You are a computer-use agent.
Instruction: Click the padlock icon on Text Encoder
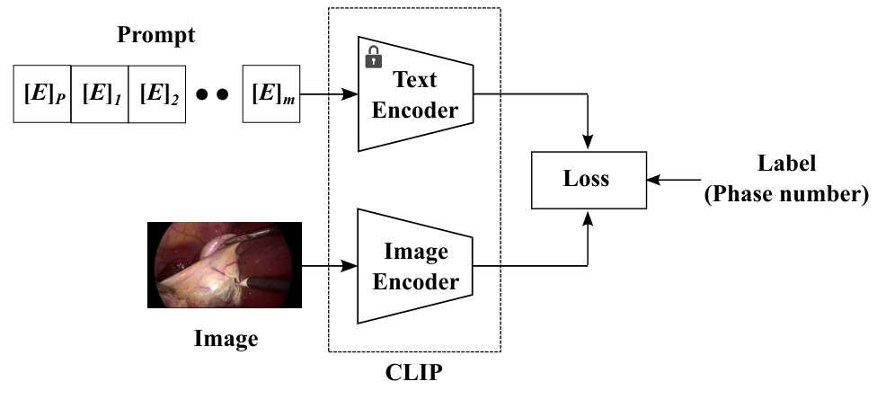[x=374, y=58]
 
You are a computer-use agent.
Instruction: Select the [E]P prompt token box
[x=42, y=93]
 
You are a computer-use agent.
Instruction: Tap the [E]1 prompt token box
[x=100, y=93]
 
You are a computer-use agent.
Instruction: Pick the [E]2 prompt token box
[x=157, y=93]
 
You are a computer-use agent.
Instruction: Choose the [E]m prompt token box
[x=271, y=93]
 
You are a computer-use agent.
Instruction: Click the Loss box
[x=589, y=181]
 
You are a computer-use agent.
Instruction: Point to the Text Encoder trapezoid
[x=415, y=94]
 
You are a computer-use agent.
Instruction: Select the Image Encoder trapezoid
[x=415, y=266]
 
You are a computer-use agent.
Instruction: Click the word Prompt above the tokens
[x=156, y=35]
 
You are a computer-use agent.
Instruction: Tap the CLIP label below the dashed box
[x=414, y=372]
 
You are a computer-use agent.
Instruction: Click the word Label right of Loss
[x=786, y=164]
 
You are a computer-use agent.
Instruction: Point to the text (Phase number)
[x=786, y=194]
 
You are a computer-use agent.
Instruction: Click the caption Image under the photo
[x=226, y=339]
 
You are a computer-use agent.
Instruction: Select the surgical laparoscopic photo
[x=225, y=265]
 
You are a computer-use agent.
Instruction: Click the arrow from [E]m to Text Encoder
[x=329, y=94]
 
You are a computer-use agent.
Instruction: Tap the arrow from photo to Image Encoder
[x=330, y=265]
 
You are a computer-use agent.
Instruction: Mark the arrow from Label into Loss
[x=674, y=181]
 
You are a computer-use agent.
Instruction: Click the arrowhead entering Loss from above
[x=588, y=143]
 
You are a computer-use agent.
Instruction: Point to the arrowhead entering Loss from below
[x=588, y=217]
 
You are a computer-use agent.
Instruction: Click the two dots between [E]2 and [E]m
[x=213, y=94]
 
